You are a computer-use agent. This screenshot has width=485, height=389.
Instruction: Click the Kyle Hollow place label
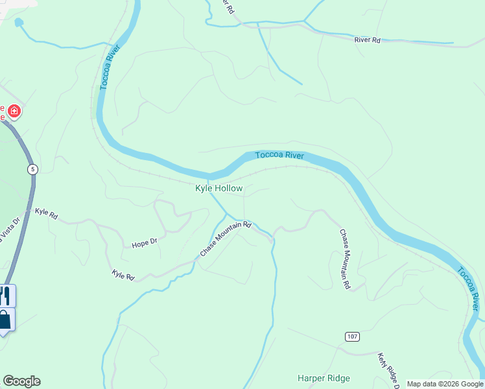(x=219, y=189)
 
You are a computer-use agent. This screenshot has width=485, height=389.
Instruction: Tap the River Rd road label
(x=367, y=40)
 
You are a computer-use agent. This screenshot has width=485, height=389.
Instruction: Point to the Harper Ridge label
(x=324, y=378)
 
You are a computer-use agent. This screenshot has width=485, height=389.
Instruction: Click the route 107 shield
(x=351, y=336)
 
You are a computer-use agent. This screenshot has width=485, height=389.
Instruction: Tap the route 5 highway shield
(x=32, y=169)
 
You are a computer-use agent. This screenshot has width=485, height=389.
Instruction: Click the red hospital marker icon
(x=14, y=112)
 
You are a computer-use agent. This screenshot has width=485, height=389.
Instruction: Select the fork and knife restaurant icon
(x=5, y=296)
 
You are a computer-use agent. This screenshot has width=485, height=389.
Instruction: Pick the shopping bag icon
(x=5, y=320)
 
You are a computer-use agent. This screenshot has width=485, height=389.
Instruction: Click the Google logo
(x=21, y=381)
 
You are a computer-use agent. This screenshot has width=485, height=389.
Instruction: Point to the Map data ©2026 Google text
(x=445, y=384)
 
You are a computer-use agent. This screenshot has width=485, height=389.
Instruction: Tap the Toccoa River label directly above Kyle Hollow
(x=279, y=155)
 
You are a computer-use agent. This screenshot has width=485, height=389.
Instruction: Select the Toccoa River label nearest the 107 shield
(x=469, y=289)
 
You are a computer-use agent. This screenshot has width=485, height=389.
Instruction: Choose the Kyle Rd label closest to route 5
(x=46, y=213)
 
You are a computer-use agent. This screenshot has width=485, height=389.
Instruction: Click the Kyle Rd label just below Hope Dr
(x=123, y=276)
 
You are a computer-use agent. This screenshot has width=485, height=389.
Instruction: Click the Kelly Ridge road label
(x=389, y=370)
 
